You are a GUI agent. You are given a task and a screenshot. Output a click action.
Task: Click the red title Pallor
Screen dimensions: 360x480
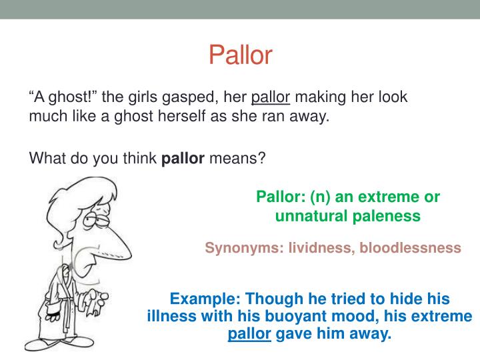tap(240, 55)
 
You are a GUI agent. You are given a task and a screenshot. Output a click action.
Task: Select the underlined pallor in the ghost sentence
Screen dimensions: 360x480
tap(271, 97)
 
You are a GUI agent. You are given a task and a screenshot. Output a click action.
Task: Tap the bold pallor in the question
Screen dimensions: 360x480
tap(183, 159)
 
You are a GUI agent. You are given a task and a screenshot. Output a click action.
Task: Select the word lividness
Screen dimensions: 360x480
tap(318, 248)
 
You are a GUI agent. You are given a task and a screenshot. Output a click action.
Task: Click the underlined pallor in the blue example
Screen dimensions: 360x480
tap(249, 334)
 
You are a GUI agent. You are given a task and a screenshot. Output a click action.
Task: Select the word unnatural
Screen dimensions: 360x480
tap(312, 215)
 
